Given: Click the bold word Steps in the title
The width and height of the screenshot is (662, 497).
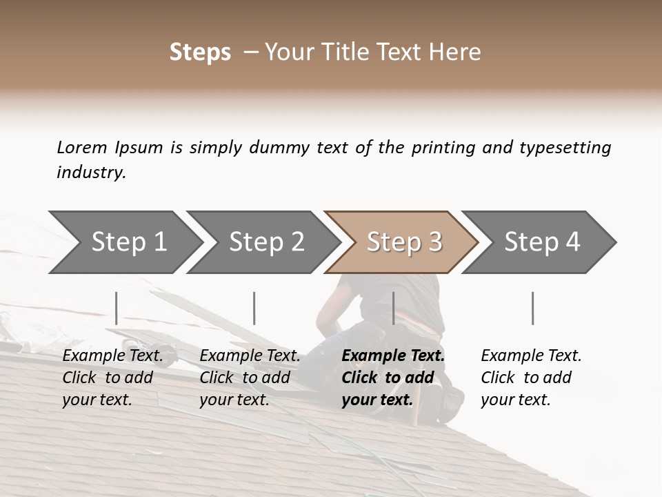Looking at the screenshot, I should pos(200,52).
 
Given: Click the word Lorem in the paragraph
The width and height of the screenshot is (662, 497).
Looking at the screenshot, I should pos(81,148).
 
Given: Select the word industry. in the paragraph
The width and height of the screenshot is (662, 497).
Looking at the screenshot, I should pos(91,173).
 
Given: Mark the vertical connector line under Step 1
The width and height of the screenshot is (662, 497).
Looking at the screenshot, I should pos(117,308).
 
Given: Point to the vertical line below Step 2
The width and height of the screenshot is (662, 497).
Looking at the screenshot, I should pos(254,308).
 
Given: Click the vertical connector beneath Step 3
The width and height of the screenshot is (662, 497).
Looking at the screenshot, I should pos(394,308).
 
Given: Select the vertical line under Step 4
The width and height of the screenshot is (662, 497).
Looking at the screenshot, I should pos(533,308).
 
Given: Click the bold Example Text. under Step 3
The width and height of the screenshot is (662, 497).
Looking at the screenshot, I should pos(393,355).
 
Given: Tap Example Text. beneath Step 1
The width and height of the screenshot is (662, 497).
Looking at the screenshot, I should pos(112,355).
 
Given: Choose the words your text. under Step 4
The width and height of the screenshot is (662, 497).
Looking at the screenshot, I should pos(515,400).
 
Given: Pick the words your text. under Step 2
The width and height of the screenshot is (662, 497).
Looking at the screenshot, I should pos(234,400).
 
